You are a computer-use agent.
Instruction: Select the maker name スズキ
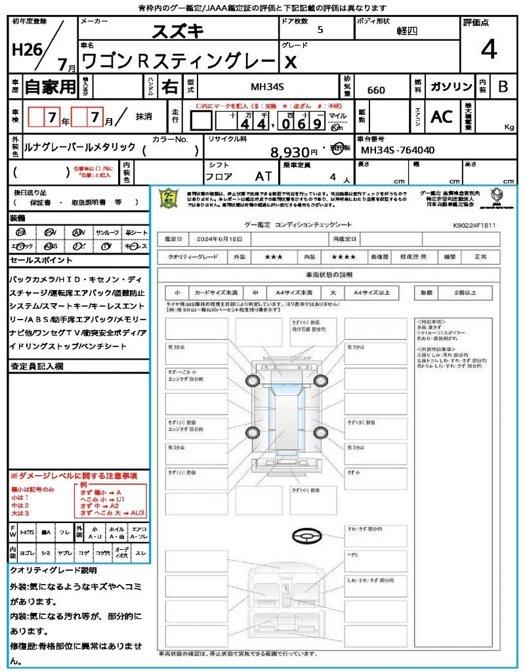point(178,30)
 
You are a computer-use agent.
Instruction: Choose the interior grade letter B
point(503,87)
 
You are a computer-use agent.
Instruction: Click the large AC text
point(442,117)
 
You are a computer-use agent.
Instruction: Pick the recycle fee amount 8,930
point(289,153)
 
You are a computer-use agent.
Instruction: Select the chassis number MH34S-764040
point(398,150)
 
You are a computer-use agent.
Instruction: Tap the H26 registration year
point(26,50)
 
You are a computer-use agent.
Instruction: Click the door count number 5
point(320,30)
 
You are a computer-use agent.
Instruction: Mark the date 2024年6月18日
point(220,238)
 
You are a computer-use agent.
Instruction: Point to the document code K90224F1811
point(474,225)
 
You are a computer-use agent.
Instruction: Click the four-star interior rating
point(344,257)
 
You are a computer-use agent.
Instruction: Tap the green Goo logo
point(169,198)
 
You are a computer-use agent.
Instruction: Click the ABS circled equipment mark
point(51,246)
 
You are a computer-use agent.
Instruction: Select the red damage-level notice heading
point(74,475)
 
